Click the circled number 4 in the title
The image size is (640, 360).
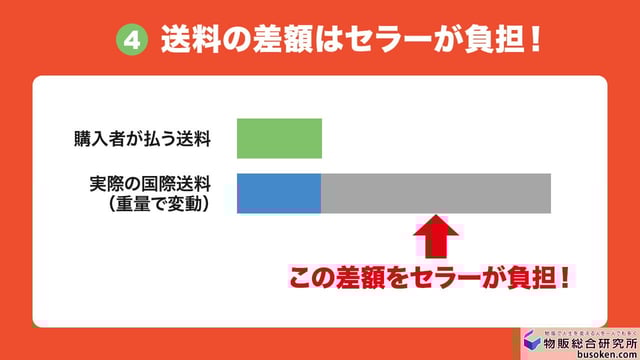pos(132,41)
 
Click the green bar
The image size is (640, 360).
pos(279,138)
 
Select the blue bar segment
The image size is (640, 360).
pos(279,193)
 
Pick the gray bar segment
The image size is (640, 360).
pos(436,193)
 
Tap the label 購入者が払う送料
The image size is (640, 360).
pos(142,139)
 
